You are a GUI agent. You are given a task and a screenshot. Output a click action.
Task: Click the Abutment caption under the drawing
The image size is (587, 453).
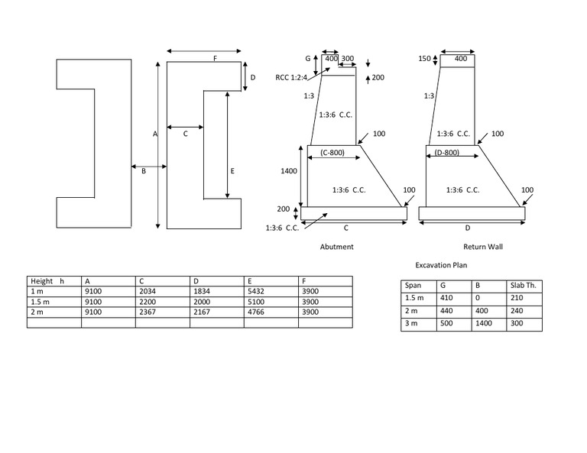(x=336, y=248)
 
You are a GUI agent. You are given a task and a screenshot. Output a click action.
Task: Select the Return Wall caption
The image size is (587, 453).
(x=483, y=248)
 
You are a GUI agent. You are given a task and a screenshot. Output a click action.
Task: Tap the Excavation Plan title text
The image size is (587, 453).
(x=441, y=265)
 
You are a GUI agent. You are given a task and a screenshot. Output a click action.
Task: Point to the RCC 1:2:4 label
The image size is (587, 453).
(x=291, y=77)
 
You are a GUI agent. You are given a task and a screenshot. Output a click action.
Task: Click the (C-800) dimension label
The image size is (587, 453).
(x=332, y=153)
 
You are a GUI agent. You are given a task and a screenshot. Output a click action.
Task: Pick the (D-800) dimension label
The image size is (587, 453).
(x=446, y=153)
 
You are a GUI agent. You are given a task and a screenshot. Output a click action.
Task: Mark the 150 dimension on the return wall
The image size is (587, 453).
(x=425, y=59)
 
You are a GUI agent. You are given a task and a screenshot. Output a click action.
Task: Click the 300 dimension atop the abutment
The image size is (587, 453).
(x=347, y=59)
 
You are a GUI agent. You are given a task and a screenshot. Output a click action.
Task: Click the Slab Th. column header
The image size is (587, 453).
(x=524, y=286)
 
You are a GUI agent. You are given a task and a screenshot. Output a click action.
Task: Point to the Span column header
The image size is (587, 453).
(x=413, y=286)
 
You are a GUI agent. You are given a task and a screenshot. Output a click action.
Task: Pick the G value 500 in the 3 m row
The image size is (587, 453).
(x=447, y=325)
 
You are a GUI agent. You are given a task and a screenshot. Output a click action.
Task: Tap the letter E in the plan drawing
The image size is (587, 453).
(x=232, y=172)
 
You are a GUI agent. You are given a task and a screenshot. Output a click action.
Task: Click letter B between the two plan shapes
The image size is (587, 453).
(x=143, y=172)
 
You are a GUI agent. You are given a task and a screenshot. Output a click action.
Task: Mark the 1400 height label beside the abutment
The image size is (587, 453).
(x=289, y=172)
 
